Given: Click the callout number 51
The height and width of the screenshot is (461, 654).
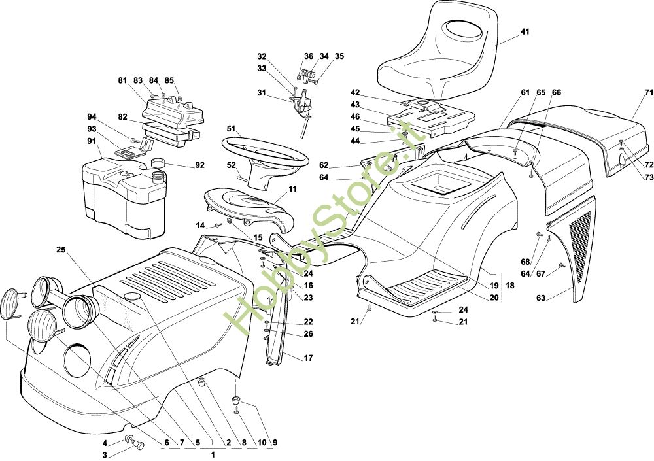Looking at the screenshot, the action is (x=231, y=129).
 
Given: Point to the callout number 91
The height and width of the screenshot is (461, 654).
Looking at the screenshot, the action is (x=92, y=141).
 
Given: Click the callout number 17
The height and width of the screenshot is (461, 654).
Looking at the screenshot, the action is (x=308, y=358).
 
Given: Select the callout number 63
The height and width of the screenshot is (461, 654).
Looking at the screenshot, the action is (x=541, y=298).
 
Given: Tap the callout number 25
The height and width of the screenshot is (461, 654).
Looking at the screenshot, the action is (x=61, y=250).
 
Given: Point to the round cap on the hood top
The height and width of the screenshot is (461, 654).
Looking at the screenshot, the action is (x=133, y=297).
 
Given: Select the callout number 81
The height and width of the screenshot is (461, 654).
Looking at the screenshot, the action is (x=122, y=80).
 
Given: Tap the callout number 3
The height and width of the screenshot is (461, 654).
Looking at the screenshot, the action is (x=105, y=454).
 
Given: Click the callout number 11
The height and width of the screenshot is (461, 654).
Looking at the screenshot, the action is (x=292, y=189).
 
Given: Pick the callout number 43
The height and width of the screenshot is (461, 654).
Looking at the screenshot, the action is (x=355, y=105).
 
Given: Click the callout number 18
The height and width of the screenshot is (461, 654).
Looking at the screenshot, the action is (x=509, y=286).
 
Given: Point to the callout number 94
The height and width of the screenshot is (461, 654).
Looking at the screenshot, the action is (x=92, y=116).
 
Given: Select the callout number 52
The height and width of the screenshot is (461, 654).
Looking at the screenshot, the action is (x=231, y=165).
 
